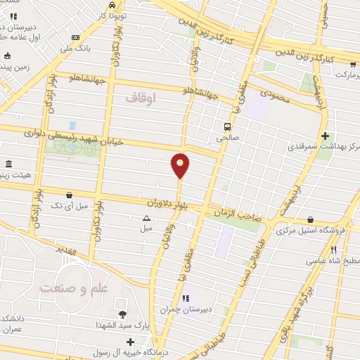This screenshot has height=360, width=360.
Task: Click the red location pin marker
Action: tap(180, 166)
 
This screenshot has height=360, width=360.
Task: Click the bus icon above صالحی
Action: tap(227, 127)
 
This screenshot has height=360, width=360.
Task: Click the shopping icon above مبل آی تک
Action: tap(69, 195)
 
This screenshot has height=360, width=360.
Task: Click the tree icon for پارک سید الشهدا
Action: tap(124, 314)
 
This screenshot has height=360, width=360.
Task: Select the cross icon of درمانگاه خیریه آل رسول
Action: tap(131, 342)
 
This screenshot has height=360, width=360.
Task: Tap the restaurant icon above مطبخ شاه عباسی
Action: tap(334, 250)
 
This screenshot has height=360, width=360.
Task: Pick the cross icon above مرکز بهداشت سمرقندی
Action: tap(325, 136)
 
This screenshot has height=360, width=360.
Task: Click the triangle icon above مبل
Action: tap(146, 218)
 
